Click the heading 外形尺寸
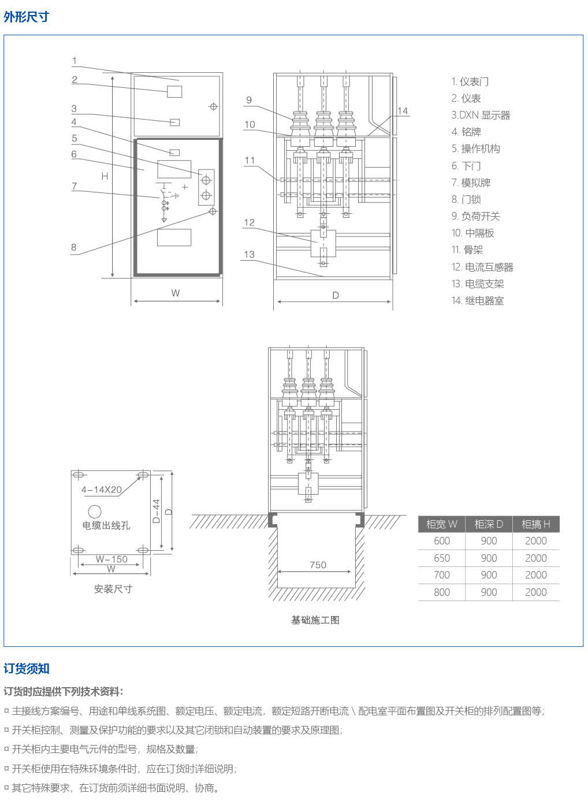pyautogui.click(x=26, y=17)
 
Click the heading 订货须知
pyautogui.click(x=27, y=669)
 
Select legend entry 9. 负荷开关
pyautogui.click(x=475, y=216)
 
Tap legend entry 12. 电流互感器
pyautogui.click(x=482, y=267)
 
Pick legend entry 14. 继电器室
pyautogui.click(x=477, y=301)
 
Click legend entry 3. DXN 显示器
pyautogui.click(x=481, y=115)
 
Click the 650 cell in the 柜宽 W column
pyautogui.click(x=442, y=558)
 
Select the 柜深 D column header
pyautogui.click(x=489, y=524)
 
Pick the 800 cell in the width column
pyautogui.click(x=442, y=592)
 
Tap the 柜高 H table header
pyautogui.click(x=536, y=524)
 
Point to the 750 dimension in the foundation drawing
pyautogui.click(x=318, y=565)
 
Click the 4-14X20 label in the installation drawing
pyautogui.click(x=102, y=490)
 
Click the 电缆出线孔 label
pyautogui.click(x=106, y=525)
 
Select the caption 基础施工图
pyautogui.click(x=315, y=620)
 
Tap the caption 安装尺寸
pyautogui.click(x=113, y=589)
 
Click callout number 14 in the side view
pyautogui.click(x=403, y=111)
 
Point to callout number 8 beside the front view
pyautogui.click(x=74, y=247)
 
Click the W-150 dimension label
pyautogui.click(x=111, y=559)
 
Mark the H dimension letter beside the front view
pyautogui.click(x=105, y=176)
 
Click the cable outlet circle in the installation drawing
pyautogui.click(x=95, y=511)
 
